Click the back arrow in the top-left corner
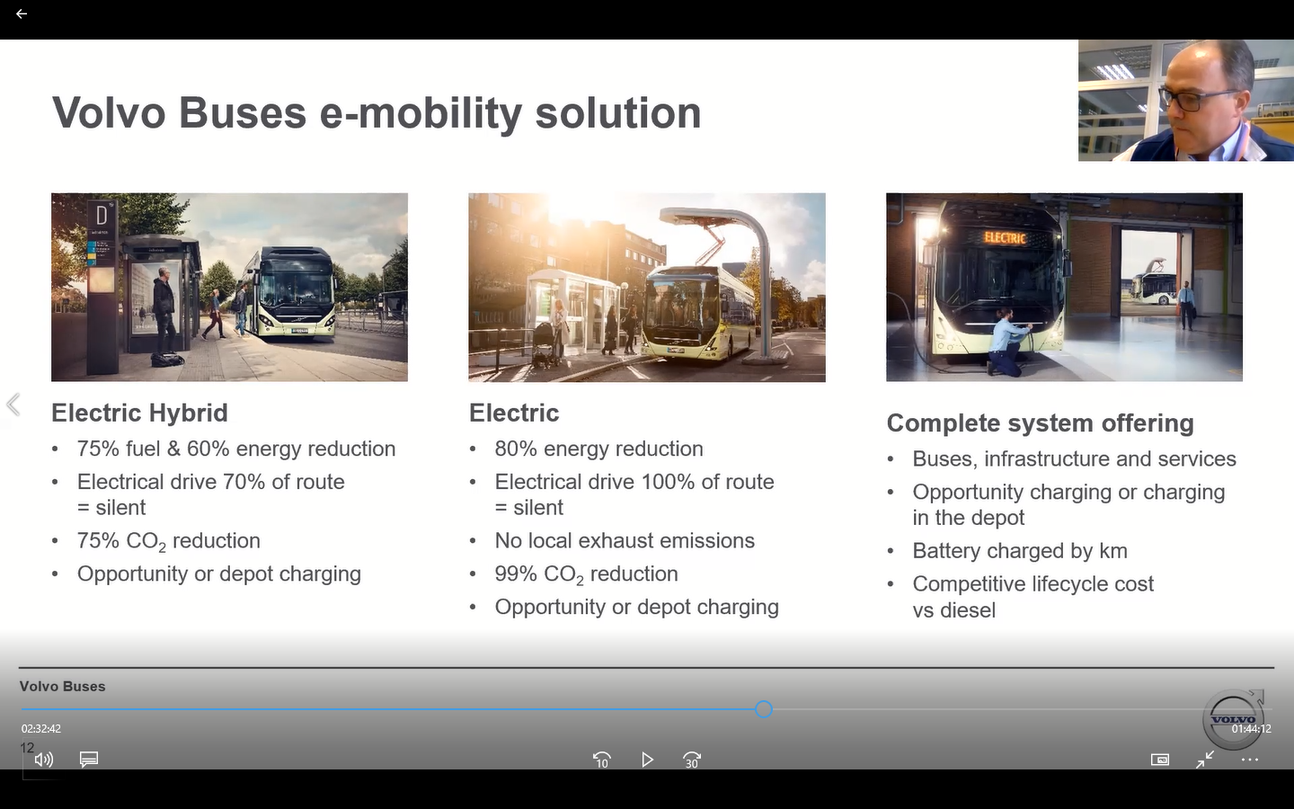pos(22,13)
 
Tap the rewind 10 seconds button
pos(602,760)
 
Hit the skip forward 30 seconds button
pos(692,760)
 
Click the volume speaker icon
pos(44,760)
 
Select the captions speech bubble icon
pos(89,760)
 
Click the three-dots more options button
pos(1249,760)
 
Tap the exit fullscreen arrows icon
pos(1205,760)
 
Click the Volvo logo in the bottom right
pos(1234,719)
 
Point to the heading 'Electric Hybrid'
pos(140,413)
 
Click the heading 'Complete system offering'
pos(1040,423)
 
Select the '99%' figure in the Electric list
pos(516,573)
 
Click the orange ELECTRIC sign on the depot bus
pos(1006,237)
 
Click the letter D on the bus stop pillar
pos(102,215)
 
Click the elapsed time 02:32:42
pos(41,729)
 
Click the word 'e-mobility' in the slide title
pos(421,112)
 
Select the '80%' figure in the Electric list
pos(516,449)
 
